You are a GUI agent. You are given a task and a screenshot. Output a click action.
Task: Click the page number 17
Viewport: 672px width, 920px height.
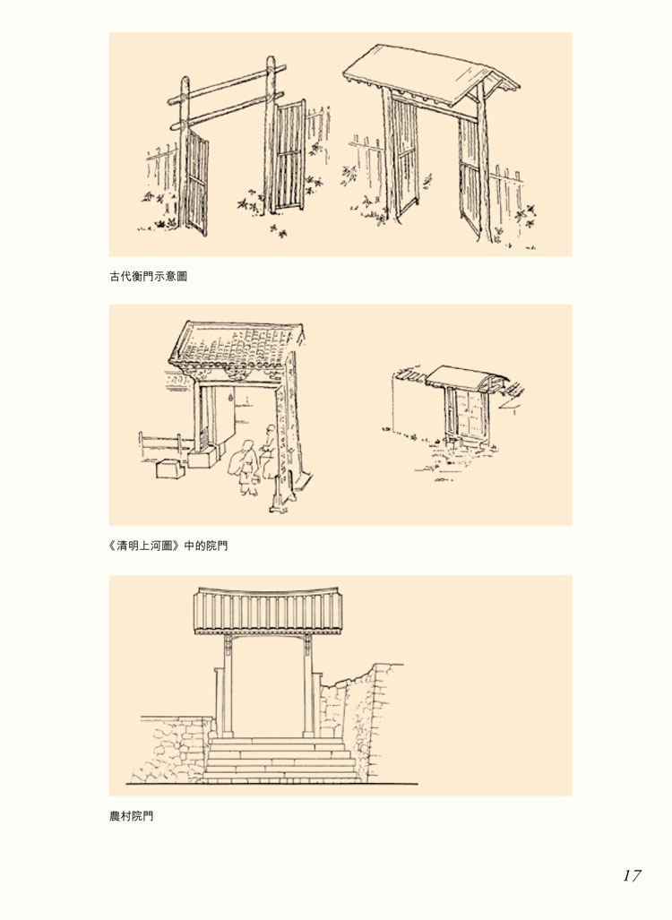pyautogui.click(x=632, y=875)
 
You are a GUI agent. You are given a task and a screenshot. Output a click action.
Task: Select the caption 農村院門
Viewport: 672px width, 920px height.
pyautogui.click(x=131, y=816)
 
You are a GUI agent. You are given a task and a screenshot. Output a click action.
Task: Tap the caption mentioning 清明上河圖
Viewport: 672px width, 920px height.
pyautogui.click(x=168, y=545)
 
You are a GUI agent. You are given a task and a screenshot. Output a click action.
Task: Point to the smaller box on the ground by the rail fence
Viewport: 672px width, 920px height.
pyautogui.click(x=168, y=469)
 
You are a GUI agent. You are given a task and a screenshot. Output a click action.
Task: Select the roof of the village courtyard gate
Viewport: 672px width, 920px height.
pyautogui.click(x=270, y=611)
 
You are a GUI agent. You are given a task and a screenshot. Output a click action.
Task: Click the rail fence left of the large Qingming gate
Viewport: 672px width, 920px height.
pyautogui.click(x=161, y=443)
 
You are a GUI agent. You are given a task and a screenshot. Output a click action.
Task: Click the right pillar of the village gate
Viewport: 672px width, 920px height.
pyautogui.click(x=309, y=690)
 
